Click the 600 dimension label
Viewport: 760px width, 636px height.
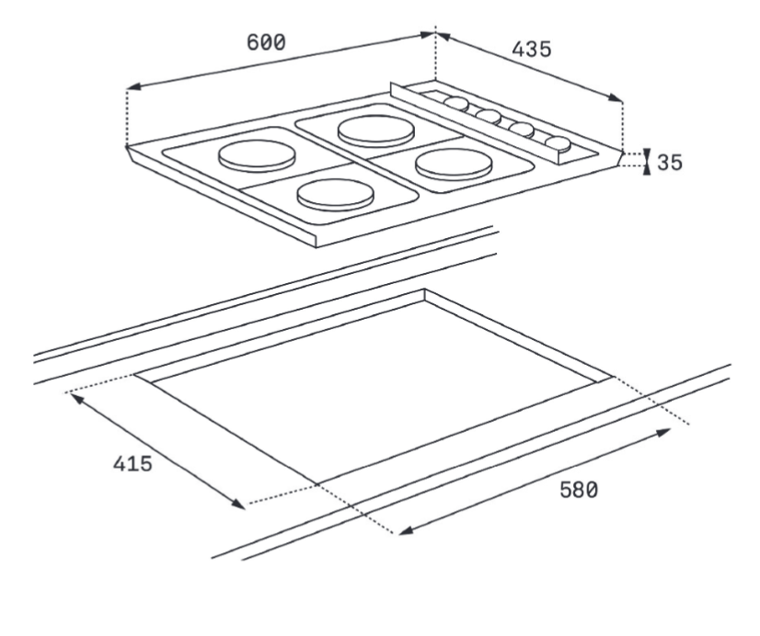click(x=266, y=42)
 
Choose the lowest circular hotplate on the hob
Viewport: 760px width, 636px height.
click(x=333, y=194)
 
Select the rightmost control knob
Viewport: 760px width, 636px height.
click(x=557, y=143)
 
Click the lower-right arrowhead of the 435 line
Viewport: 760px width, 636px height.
click(x=617, y=99)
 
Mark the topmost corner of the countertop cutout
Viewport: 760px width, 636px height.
click(x=424, y=290)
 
